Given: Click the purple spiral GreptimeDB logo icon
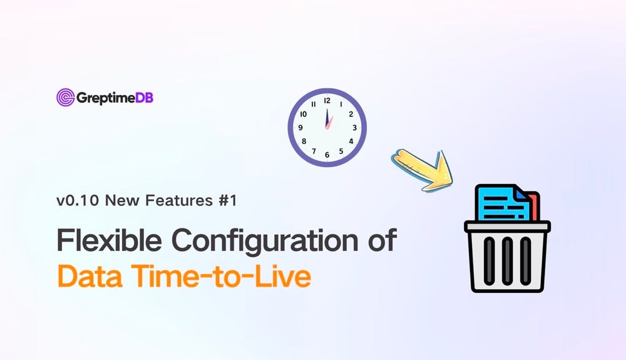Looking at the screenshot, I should (x=65, y=97).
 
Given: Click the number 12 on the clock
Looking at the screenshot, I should (x=327, y=100).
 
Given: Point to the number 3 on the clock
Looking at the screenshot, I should (x=354, y=128).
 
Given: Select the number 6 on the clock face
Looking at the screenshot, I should (x=327, y=155).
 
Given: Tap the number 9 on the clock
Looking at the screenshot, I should (x=300, y=128).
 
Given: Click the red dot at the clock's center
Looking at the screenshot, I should (x=327, y=127).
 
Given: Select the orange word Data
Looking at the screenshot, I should (x=88, y=275).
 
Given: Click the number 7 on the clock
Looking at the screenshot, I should (x=313, y=151).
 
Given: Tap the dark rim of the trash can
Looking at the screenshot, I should (x=507, y=226).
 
